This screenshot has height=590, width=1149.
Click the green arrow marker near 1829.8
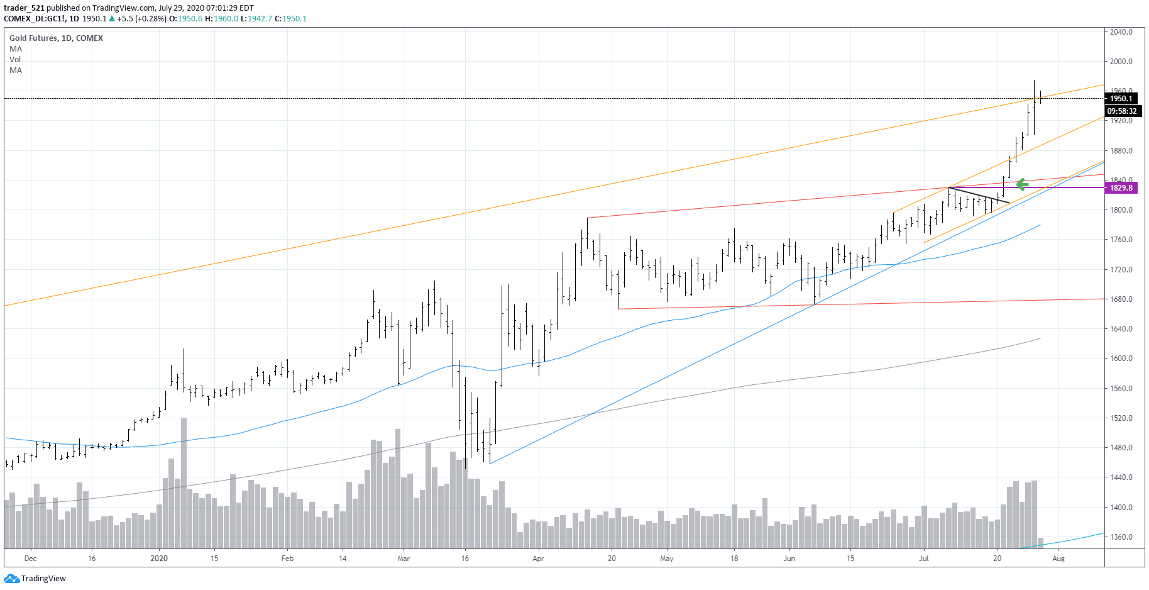[x=1022, y=184]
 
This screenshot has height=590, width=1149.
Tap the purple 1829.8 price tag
[x=1121, y=188]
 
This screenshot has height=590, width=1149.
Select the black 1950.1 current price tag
[x=1121, y=99]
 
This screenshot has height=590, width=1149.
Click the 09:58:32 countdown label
[x=1121, y=111]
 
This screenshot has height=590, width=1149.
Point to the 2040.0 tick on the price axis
[x=1121, y=32]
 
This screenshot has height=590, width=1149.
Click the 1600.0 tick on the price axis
[x=1121, y=359]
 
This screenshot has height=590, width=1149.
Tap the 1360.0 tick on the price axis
[x=1121, y=537]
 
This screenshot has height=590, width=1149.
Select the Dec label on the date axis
[x=30, y=559]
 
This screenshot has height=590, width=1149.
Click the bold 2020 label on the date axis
[x=159, y=559]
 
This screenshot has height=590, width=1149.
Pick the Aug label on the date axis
[x=1058, y=559]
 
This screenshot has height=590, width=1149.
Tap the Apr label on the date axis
[x=538, y=559]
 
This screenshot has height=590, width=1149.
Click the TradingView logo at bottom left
[x=35, y=579]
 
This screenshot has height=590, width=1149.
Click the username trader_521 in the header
[x=24, y=8]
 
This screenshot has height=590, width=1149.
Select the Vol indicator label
[x=15, y=60]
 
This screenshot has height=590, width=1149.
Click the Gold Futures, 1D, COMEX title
[x=56, y=38]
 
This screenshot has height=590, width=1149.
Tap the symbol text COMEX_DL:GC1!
[x=34, y=19]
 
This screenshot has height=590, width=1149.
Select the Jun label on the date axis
[x=789, y=559]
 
